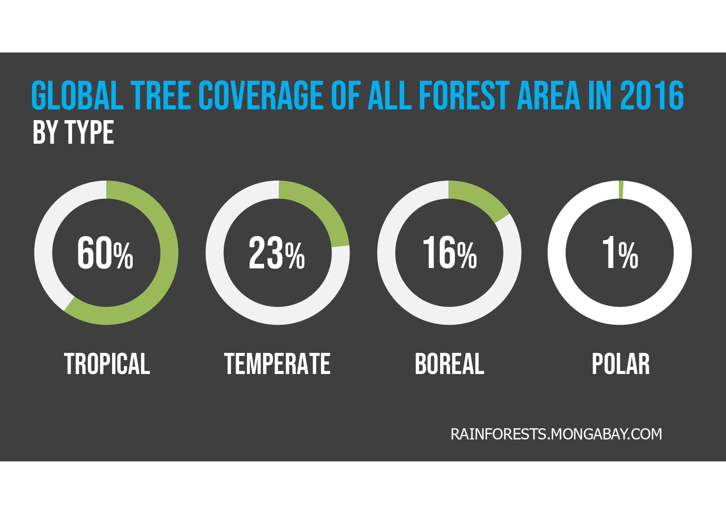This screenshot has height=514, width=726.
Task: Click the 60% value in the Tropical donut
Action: [x=105, y=253]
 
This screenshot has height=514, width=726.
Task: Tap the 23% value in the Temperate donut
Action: [x=277, y=253]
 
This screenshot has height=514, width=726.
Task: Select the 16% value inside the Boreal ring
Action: [x=450, y=253]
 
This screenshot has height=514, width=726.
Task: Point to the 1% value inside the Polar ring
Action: [x=620, y=253]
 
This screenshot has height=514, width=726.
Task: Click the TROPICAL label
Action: [x=107, y=364]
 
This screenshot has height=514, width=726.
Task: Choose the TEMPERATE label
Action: [x=277, y=364]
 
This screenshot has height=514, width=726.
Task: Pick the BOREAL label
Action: [x=449, y=364]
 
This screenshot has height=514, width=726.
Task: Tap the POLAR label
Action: [x=621, y=364]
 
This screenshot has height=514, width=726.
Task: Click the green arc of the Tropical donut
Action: [x=169, y=253]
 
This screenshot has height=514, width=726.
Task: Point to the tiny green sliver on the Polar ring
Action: [x=621, y=190]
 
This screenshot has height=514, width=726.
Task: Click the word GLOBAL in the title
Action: [x=77, y=96]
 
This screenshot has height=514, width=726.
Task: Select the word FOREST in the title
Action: [x=464, y=96]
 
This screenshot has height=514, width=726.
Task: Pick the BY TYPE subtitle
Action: [x=73, y=133]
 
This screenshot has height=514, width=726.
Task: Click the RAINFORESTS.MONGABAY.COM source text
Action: [x=556, y=434]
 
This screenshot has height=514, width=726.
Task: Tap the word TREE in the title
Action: [x=161, y=96]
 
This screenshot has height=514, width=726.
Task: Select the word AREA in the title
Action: [x=549, y=96]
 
